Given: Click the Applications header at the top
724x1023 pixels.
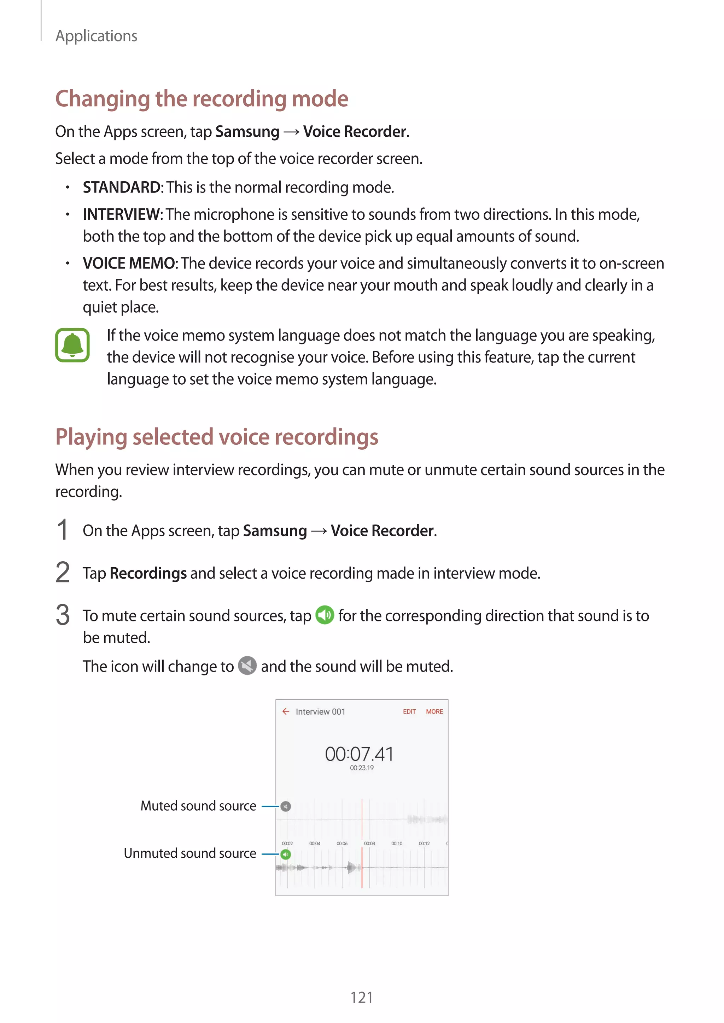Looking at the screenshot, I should pos(96,36).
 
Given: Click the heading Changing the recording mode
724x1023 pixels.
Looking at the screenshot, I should pos(202,99).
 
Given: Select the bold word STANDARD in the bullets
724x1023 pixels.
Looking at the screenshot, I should pos(122,188).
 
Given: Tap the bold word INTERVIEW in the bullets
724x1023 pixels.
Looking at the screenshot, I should pos(122,215).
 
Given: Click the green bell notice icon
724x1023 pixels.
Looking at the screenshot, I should pos(72,345).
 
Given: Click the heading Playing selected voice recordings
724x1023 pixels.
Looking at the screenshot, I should pos(217,437).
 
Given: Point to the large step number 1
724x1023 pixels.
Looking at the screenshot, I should pos(63,530).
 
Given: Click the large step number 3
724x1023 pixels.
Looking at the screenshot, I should pos(63,615).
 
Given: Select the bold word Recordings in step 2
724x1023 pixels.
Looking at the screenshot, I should pos(148,573).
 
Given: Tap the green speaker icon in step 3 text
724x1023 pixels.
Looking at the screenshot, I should pos(325,615).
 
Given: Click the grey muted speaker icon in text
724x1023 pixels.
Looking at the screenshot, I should pos(247,666).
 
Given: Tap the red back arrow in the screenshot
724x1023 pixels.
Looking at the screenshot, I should pos(286,711).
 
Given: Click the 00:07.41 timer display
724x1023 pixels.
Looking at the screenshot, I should pos(359,754).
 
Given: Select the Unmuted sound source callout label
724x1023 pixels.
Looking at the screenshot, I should pos(190,853).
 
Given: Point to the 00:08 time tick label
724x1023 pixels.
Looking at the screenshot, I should pos(369,844).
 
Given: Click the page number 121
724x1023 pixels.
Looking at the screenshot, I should pos(362,997).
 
